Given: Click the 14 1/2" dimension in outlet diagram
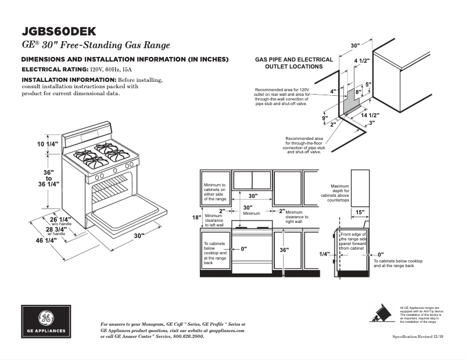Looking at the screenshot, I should pos(370,116).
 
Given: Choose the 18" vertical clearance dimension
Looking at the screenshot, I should pos(196,218).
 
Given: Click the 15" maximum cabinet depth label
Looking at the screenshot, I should pos(360,212).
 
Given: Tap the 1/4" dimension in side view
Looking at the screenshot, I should pos(324,254).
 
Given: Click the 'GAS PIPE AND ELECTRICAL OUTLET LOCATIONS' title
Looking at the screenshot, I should pos(294,63).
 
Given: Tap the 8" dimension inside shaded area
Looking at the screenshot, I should pos(358,92).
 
